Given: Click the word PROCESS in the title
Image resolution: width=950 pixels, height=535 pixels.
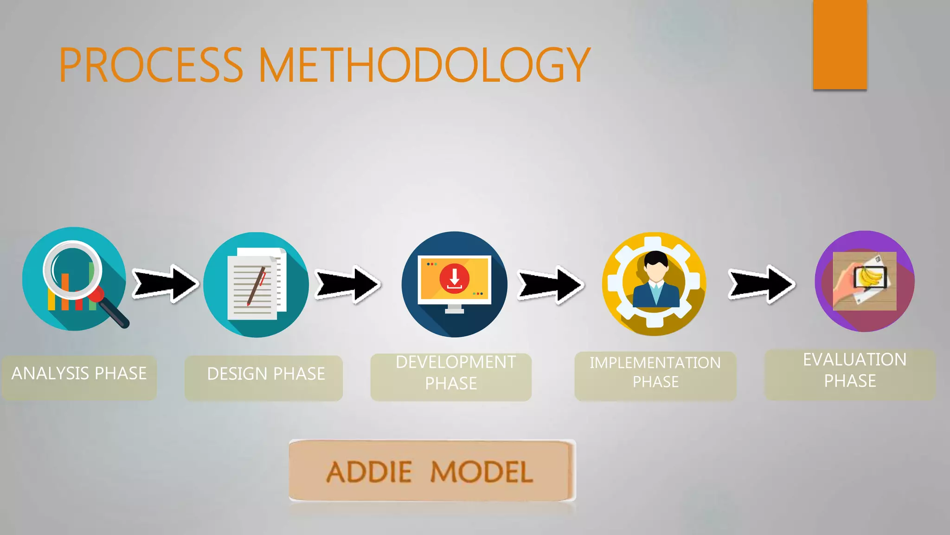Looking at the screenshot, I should (x=151, y=65).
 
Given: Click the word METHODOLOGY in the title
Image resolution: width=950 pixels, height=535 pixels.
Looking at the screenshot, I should (x=424, y=65).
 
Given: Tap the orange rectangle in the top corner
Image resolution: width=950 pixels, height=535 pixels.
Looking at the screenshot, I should (x=840, y=45).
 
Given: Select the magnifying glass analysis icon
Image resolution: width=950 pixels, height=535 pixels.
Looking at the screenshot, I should (x=74, y=279).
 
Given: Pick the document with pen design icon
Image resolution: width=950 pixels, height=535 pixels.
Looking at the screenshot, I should (x=256, y=284).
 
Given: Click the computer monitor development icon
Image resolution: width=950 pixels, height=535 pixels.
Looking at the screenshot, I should (x=455, y=284).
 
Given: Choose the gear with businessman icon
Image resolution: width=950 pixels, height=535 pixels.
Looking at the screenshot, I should (x=654, y=283).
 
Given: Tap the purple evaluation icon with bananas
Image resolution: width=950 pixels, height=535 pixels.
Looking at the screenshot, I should (x=865, y=281).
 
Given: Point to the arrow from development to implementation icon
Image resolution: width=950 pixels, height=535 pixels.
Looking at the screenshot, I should (x=550, y=285).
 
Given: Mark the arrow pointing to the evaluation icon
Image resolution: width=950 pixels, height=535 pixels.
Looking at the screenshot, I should (x=761, y=284).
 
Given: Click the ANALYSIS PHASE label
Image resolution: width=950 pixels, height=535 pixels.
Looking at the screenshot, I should (x=79, y=374).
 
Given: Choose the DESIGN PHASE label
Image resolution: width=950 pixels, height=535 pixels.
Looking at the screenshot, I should (x=265, y=374).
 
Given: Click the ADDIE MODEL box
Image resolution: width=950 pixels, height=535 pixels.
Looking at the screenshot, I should (x=431, y=471).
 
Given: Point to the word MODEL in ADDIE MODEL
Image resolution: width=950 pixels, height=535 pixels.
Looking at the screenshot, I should (x=481, y=472).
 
